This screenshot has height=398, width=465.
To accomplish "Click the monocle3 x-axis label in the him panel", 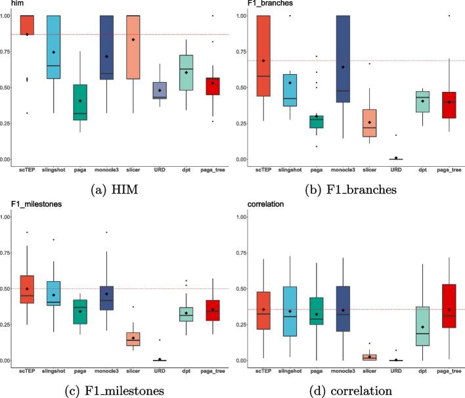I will pyautogui.click(x=105, y=171).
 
